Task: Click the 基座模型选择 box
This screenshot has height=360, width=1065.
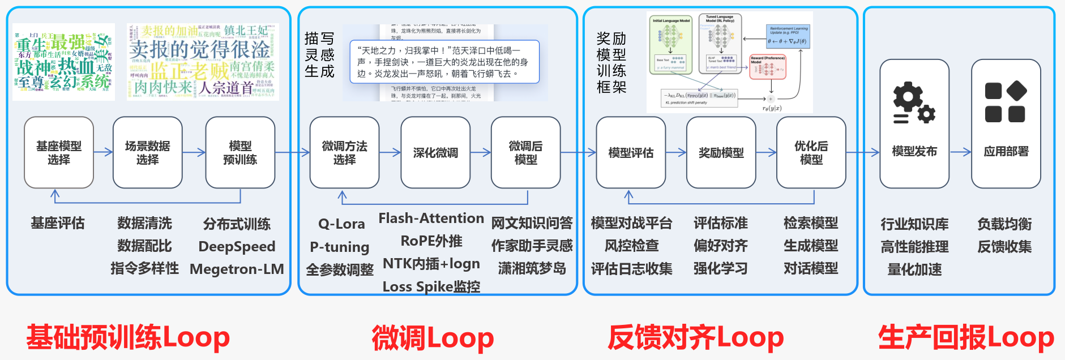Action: tap(59, 152)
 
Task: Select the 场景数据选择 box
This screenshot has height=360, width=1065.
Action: tap(147, 152)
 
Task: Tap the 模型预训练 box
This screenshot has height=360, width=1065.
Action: tap(240, 152)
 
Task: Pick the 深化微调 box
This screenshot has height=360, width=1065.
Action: tap(435, 152)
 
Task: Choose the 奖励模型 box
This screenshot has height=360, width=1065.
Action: tap(721, 152)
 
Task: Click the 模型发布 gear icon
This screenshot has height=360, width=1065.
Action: tap(913, 103)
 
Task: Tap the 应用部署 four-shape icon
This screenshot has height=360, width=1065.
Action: tap(1006, 102)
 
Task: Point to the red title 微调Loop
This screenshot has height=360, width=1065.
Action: tap(433, 338)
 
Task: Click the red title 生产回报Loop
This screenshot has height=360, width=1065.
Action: tap(965, 338)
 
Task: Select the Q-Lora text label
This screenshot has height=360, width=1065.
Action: tap(341, 224)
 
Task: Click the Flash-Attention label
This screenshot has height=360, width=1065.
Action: tap(431, 218)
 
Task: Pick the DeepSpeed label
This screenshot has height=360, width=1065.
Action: tap(237, 247)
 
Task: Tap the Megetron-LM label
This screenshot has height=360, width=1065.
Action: tap(237, 269)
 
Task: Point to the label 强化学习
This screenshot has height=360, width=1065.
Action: tap(721, 268)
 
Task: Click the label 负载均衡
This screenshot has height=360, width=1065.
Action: tap(1004, 224)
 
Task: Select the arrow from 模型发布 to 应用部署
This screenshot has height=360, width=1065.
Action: tap(960, 152)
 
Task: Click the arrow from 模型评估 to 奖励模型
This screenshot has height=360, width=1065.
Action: tap(676, 152)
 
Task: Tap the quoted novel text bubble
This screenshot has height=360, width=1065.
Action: tap(444, 61)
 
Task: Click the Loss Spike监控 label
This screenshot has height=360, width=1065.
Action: tap(431, 287)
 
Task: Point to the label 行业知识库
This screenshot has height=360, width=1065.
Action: tap(914, 224)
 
